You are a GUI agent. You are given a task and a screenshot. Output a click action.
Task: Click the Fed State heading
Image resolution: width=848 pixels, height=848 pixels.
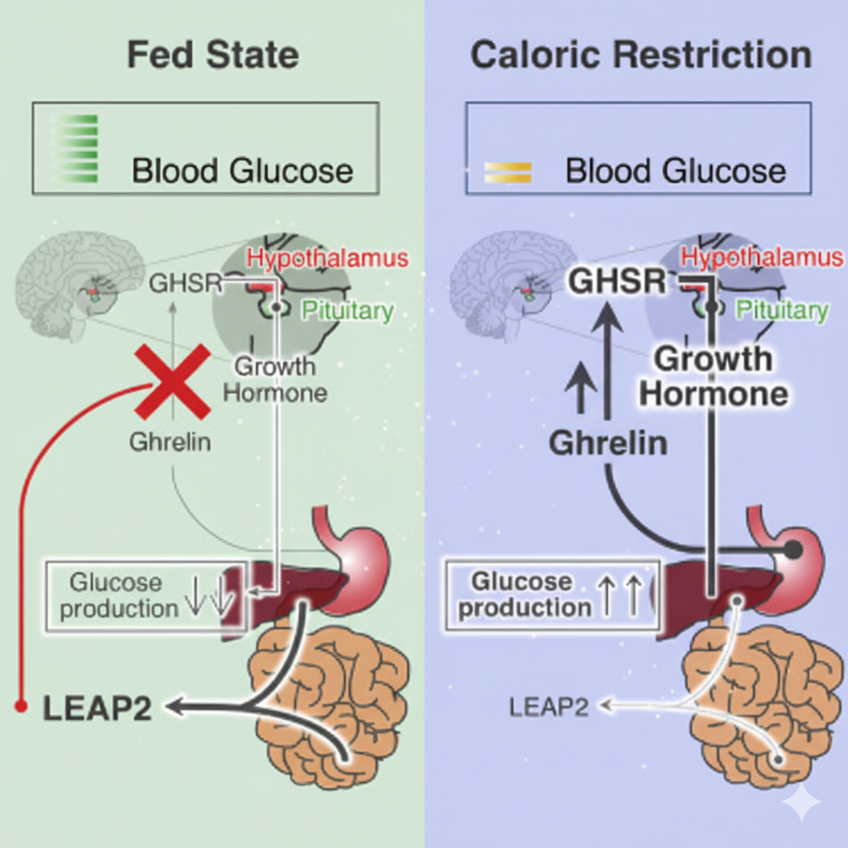click(212, 56)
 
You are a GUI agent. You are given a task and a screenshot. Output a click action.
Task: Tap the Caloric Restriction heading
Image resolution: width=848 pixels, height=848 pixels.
click(641, 56)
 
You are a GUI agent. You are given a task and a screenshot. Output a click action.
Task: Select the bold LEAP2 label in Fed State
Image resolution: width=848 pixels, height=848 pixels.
click(98, 708)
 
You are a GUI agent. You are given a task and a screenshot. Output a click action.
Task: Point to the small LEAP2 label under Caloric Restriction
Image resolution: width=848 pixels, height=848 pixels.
click(549, 706)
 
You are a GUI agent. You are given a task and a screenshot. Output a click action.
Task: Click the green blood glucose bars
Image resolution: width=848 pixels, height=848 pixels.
click(75, 149)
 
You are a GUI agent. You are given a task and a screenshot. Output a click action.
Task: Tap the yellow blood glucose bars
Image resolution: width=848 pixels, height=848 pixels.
click(508, 172)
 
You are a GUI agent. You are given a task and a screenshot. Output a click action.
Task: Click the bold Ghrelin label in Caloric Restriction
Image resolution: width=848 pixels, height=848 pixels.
click(608, 443)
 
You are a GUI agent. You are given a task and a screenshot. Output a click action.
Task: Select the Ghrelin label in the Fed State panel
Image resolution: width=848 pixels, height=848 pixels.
click(170, 442)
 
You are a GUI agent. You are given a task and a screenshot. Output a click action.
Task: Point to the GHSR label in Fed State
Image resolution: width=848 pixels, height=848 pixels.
click(185, 283)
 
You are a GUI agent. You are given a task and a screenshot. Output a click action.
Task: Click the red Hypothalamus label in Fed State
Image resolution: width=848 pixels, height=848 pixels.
click(329, 258)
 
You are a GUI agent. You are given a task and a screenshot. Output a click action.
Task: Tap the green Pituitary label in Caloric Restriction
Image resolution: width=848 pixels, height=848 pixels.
click(782, 311)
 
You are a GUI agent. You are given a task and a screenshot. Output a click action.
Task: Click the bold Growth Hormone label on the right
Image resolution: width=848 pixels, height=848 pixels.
click(712, 377)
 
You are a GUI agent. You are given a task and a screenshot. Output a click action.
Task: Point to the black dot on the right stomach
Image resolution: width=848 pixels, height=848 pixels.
click(793, 548)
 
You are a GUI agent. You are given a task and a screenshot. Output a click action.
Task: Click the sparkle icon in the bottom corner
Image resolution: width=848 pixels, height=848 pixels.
click(802, 802)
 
